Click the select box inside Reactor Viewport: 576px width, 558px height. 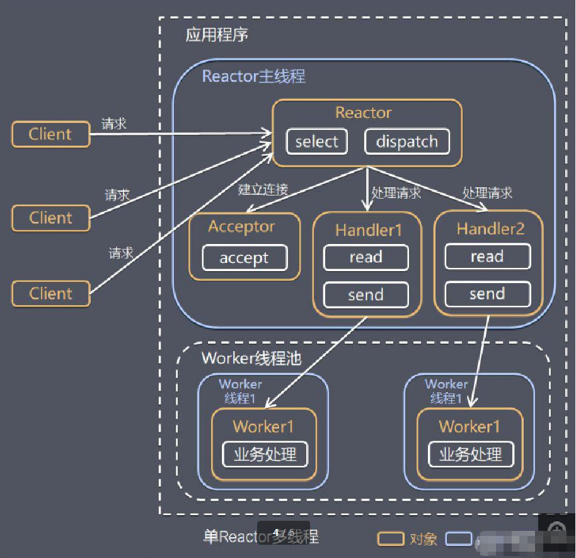pyautogui.click(x=316, y=142)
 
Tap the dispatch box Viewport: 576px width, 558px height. pyautogui.click(x=406, y=142)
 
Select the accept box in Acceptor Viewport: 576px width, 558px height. pyautogui.click(x=244, y=258)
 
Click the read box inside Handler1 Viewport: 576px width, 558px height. pyautogui.click(x=366, y=257)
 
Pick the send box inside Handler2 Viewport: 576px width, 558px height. pyautogui.click(x=487, y=294)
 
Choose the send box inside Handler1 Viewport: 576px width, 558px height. pyautogui.click(x=366, y=294)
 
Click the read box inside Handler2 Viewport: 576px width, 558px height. pyautogui.click(x=487, y=257)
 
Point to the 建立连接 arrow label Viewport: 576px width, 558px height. pyautogui.click(x=263, y=189)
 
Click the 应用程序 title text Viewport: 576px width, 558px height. pyautogui.click(x=217, y=35)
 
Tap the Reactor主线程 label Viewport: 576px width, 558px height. pyautogui.click(x=253, y=77)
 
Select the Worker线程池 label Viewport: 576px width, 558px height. pyautogui.click(x=251, y=359)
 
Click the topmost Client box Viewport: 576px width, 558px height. pyautogui.click(x=50, y=134)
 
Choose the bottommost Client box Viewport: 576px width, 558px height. pyautogui.click(x=50, y=294)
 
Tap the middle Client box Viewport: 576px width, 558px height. pyautogui.click(x=50, y=218)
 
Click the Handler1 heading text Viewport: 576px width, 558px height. pyautogui.click(x=368, y=230)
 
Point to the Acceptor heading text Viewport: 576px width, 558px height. pyautogui.click(x=241, y=227)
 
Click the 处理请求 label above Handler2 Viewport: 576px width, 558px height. pyautogui.click(x=487, y=192)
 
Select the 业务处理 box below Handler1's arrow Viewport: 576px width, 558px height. pyautogui.click(x=265, y=455)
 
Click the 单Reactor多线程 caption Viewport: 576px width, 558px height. pyautogui.click(x=261, y=537)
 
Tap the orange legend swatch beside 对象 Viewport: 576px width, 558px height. pyautogui.click(x=391, y=539)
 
